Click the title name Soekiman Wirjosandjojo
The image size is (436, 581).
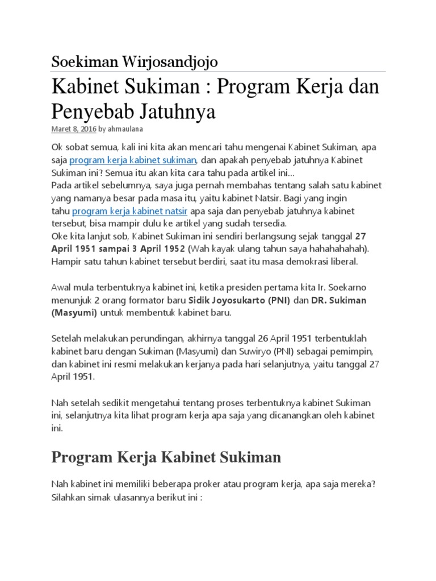tap(134, 61)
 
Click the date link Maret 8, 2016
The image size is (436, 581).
tap(74, 129)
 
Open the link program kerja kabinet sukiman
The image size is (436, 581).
tap(133, 160)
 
